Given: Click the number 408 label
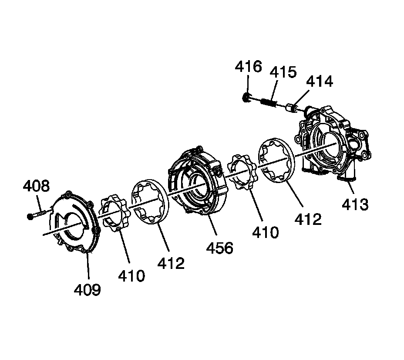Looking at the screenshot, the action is pyautogui.click(x=36, y=187).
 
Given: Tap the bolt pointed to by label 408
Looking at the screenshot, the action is pyautogui.click(x=37, y=214).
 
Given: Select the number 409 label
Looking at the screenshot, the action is pyautogui.click(x=87, y=289).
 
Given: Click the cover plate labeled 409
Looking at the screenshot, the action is pyautogui.click(x=74, y=222).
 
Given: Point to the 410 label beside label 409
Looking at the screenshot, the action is pyautogui.click(x=131, y=275).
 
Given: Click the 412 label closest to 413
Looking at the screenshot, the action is pyautogui.click(x=307, y=219).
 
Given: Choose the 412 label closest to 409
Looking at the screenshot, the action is pyautogui.click(x=170, y=263).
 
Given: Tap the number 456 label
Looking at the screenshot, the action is pyautogui.click(x=219, y=248).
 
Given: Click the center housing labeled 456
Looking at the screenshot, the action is pyautogui.click(x=198, y=181).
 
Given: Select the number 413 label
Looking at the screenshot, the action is pyautogui.click(x=355, y=204).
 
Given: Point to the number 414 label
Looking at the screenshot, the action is pyautogui.click(x=320, y=81).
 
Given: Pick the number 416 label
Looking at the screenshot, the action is pyautogui.click(x=248, y=67).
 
